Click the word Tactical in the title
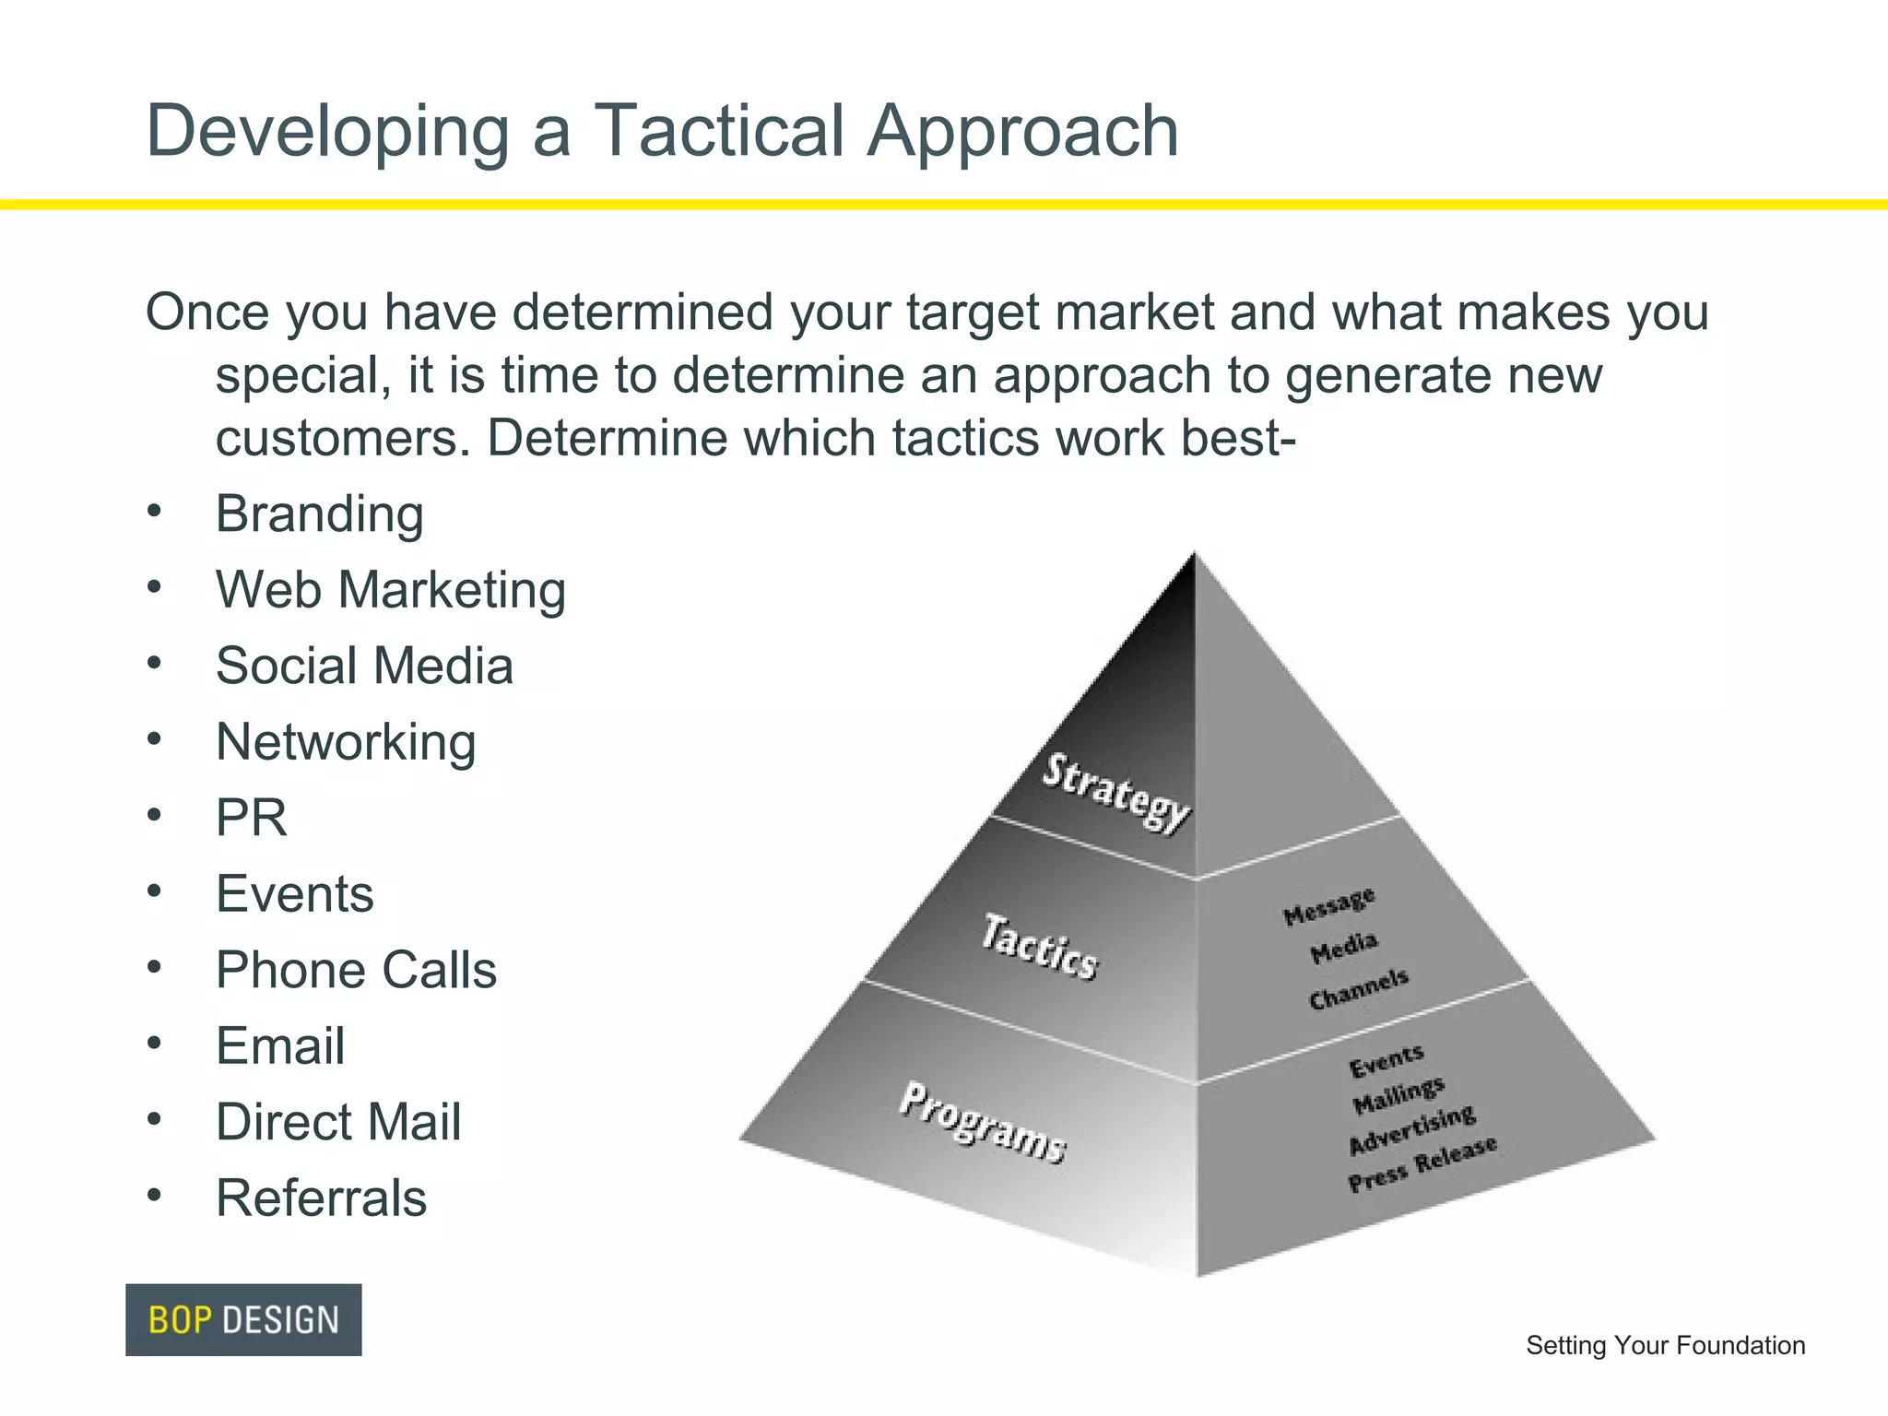coord(718,131)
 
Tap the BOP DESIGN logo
coord(243,1319)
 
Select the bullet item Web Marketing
coord(390,590)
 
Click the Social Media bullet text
coord(364,666)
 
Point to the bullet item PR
coord(251,818)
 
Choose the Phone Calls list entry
coord(356,970)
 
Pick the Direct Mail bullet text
coord(338,1122)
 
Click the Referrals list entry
coord(321,1198)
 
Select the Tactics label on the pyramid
coord(1039,947)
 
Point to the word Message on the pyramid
coord(1328,906)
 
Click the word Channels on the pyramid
coord(1358,988)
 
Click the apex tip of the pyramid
coord(1196,556)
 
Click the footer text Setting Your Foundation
coord(1665,1345)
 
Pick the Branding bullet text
coord(319,513)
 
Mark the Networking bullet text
coord(346,742)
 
